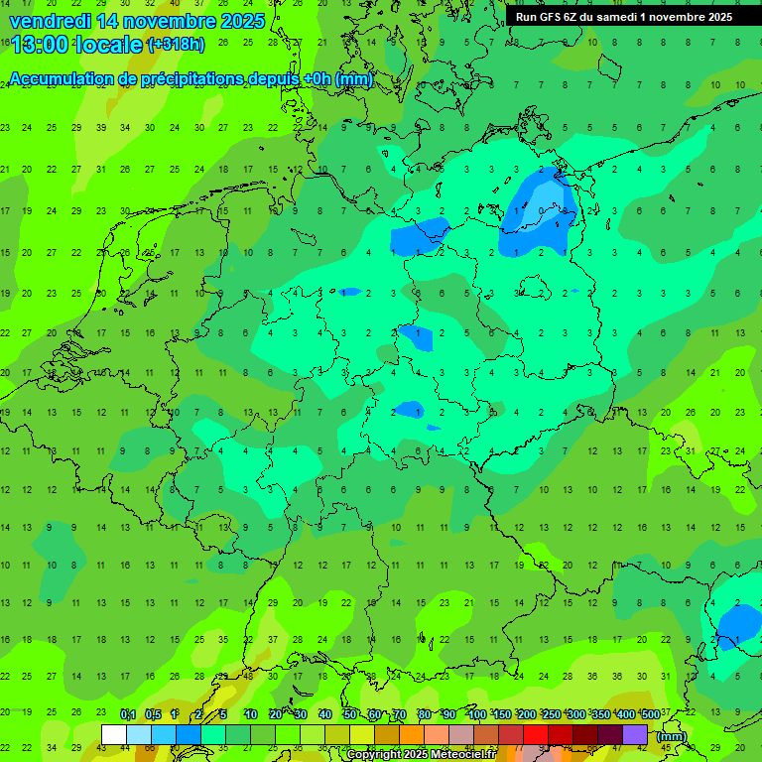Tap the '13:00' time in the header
36,44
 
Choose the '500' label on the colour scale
650,714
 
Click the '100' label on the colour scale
477,714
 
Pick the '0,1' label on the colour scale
128,714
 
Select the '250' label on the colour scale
551,714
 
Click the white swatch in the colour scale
114,734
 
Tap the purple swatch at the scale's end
635,734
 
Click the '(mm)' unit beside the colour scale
672,736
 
